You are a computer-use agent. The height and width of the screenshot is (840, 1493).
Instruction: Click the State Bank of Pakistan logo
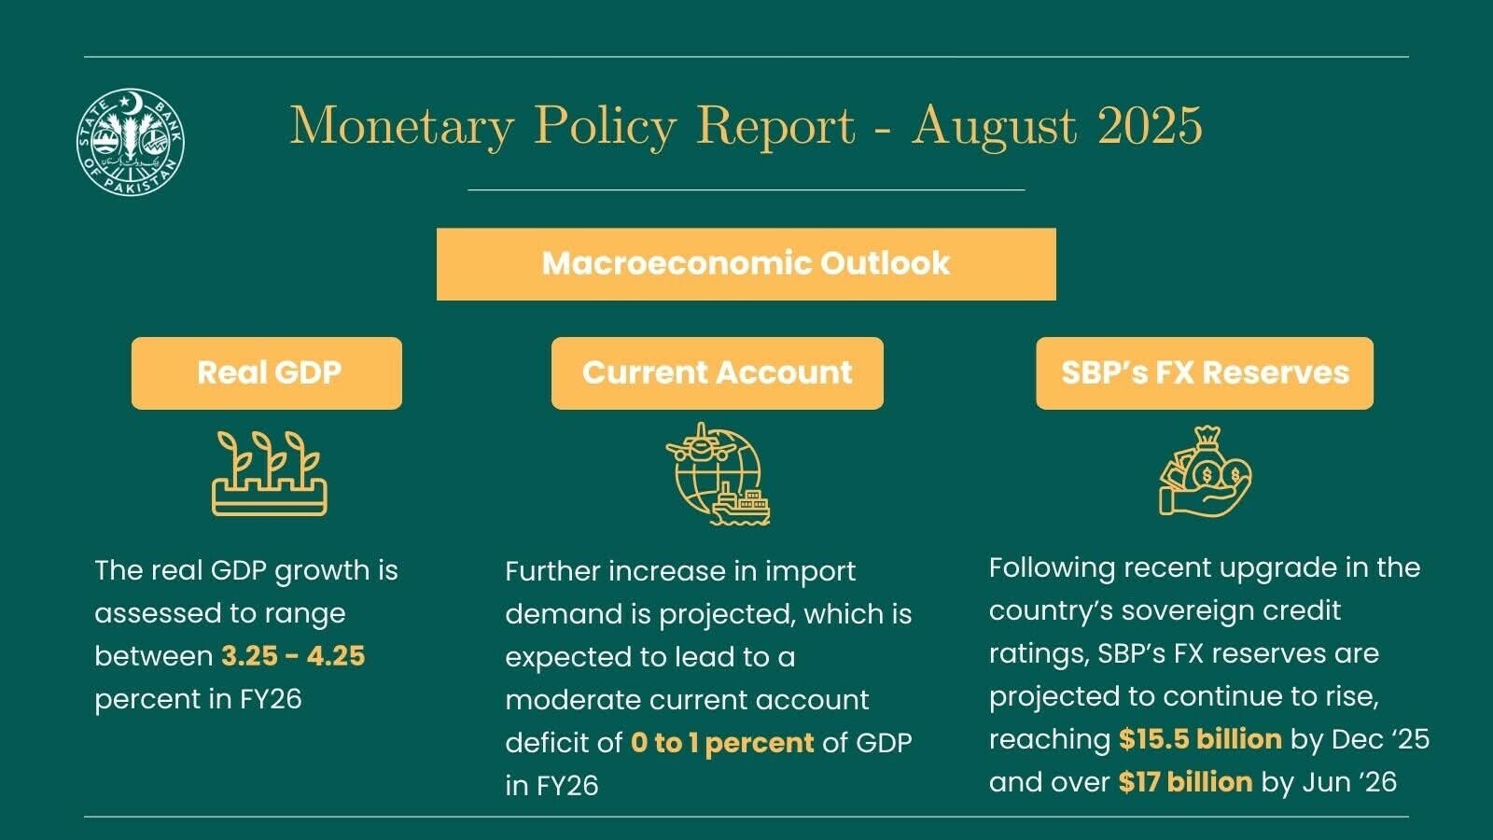[131, 142]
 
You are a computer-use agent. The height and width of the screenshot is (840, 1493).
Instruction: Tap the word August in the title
[993, 127]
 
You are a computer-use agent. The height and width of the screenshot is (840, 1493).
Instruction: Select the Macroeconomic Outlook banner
[746, 264]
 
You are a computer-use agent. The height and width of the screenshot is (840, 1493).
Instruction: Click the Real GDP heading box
[267, 372]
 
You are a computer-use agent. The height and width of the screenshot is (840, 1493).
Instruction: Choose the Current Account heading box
[718, 372]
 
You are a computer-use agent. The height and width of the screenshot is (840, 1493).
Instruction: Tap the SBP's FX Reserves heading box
[1205, 372]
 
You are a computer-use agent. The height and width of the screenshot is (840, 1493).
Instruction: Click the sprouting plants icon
[270, 473]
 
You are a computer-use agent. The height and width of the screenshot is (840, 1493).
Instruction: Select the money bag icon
[1205, 472]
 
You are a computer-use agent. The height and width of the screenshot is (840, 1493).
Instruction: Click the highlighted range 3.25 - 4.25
[293, 656]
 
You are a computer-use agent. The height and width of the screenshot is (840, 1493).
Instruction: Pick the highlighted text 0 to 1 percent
[722, 743]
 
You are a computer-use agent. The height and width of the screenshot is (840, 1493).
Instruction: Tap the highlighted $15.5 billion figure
[1200, 738]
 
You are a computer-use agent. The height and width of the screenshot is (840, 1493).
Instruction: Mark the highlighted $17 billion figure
[1186, 782]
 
